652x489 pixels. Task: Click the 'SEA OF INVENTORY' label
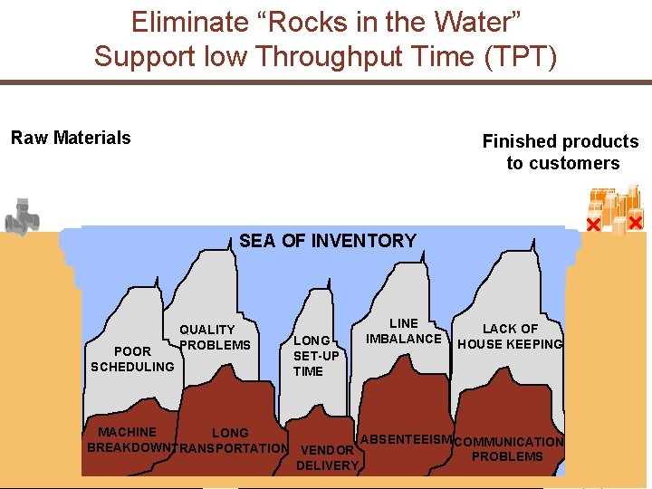(328, 241)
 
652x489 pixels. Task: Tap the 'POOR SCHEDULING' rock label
(132, 359)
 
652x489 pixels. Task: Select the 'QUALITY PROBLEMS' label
(215, 337)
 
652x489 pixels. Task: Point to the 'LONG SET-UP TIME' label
(315, 356)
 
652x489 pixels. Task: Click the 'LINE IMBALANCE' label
(404, 331)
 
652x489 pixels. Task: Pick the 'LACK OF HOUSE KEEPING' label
(510, 336)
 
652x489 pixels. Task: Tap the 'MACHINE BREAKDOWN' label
(128, 440)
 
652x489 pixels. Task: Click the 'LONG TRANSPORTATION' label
(231, 440)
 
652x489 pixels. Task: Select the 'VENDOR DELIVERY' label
(327, 457)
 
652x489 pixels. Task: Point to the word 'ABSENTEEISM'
(406, 440)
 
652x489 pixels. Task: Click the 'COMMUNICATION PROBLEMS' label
(508, 449)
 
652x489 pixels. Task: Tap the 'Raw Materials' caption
(71, 138)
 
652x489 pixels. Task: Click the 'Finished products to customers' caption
(561, 152)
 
